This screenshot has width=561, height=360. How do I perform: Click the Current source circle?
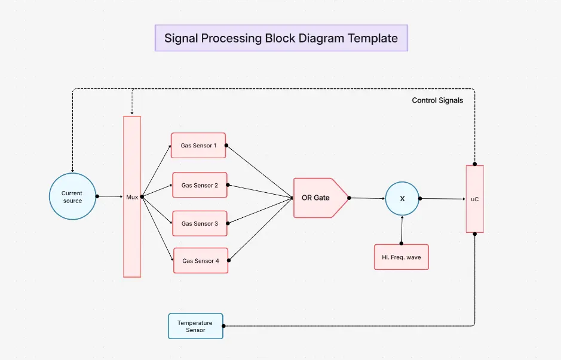tap(72, 196)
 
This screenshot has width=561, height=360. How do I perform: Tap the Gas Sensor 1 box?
tap(198, 145)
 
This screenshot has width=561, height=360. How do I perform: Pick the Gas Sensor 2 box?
tap(200, 185)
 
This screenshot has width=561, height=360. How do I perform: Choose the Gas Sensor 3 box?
tap(200, 223)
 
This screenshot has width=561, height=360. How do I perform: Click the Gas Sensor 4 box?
tap(200, 260)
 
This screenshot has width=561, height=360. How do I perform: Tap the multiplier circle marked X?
tap(402, 198)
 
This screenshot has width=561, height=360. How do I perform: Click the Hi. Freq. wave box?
tap(401, 257)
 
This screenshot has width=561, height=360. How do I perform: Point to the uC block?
tap(474, 199)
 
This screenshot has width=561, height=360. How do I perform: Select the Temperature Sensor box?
tap(195, 326)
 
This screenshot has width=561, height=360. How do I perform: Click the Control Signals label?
tap(437, 100)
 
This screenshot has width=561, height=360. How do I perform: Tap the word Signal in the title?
tap(182, 38)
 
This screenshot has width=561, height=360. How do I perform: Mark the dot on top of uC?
tap(475, 164)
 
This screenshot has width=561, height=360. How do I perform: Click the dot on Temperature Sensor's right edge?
tap(223, 326)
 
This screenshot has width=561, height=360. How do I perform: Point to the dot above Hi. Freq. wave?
tap(401, 244)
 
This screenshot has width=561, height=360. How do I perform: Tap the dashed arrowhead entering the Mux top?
tap(132, 112)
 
